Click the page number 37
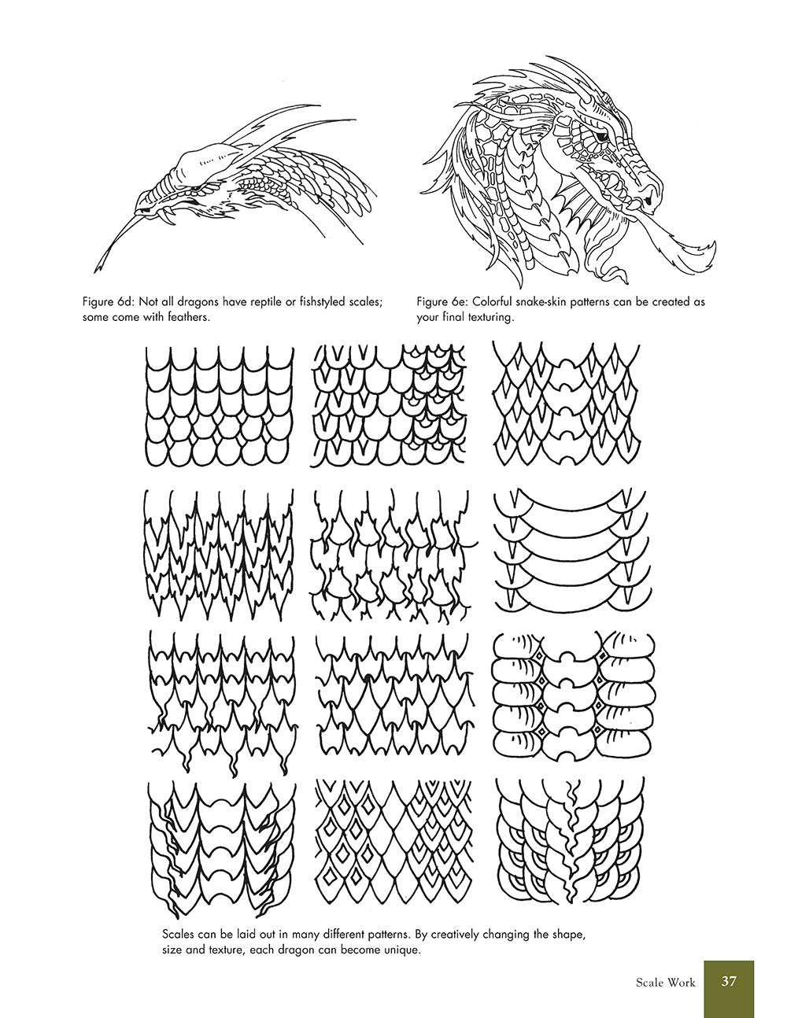pyautogui.click(x=728, y=981)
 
